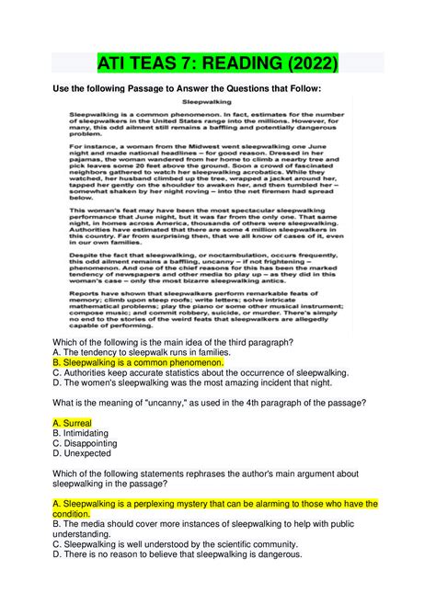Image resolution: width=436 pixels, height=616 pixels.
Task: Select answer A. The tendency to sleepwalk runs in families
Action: point(150,352)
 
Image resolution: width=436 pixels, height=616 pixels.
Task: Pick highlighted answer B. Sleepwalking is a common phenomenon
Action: point(139,363)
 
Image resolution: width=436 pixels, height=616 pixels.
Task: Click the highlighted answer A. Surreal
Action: point(73,422)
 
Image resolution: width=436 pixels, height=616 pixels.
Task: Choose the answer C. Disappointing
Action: point(86,443)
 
